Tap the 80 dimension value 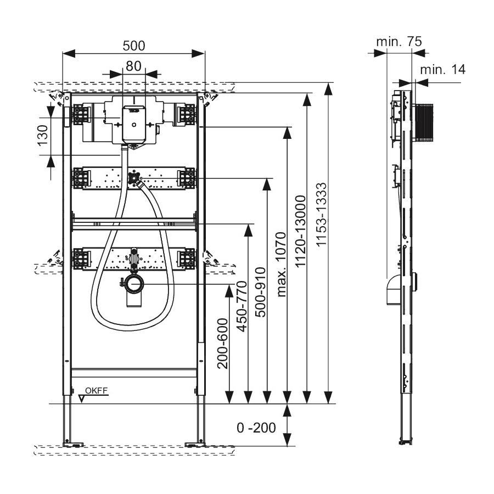(x=133, y=65)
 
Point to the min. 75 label (x=399, y=41)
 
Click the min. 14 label (x=442, y=69)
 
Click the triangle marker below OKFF (x=81, y=398)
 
